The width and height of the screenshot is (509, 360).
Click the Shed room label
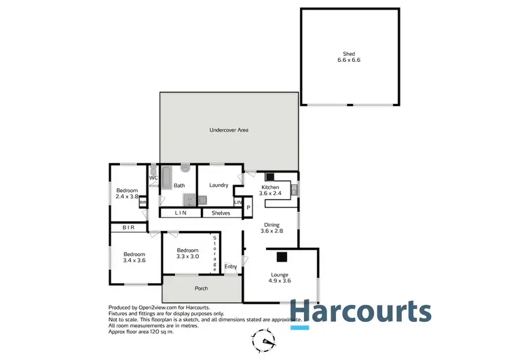(349, 54)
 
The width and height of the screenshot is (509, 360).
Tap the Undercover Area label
(229, 130)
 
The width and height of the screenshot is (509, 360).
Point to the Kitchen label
(271, 187)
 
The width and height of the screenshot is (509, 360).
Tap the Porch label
(201, 289)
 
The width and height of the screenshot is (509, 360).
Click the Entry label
(231, 266)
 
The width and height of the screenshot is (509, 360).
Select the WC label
(153, 178)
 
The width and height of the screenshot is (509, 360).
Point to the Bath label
(179, 185)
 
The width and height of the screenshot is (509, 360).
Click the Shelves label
(221, 213)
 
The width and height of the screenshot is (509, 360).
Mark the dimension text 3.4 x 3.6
(134, 260)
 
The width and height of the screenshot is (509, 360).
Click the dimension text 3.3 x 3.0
(187, 257)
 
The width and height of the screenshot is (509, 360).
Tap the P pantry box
(248, 207)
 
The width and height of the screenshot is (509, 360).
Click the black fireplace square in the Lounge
(281, 256)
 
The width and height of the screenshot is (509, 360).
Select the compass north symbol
(265, 338)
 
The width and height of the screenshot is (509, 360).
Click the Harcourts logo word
(361, 312)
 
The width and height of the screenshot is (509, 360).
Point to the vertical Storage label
(214, 253)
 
